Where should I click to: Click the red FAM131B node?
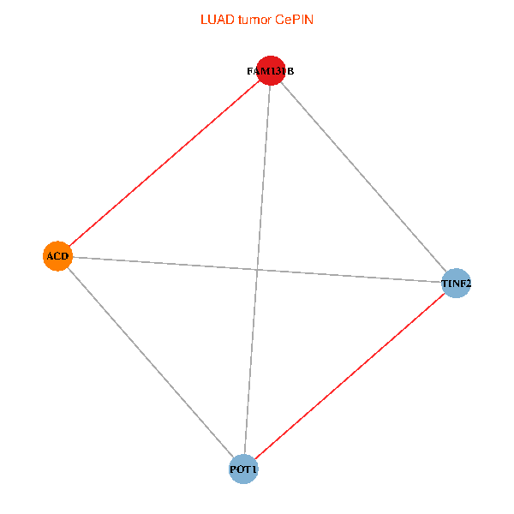pos(271,71)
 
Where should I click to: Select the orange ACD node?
pos(57,256)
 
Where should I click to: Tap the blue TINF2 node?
pos(456,283)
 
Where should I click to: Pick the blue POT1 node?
pos(243,469)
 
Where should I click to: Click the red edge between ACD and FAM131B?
pos(164,164)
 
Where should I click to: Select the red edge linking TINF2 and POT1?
pos(350,376)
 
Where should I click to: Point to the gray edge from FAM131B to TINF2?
pos(363,176)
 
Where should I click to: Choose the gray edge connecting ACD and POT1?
pos(150,362)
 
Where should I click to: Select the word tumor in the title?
pos(252,19)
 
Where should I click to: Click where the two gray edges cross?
pos(256,270)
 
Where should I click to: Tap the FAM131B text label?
pos(270,71)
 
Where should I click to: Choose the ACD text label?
pos(57,256)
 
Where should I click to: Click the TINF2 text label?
pos(456,283)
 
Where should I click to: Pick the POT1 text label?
pos(243,469)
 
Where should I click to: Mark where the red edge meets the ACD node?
pos(69,247)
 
